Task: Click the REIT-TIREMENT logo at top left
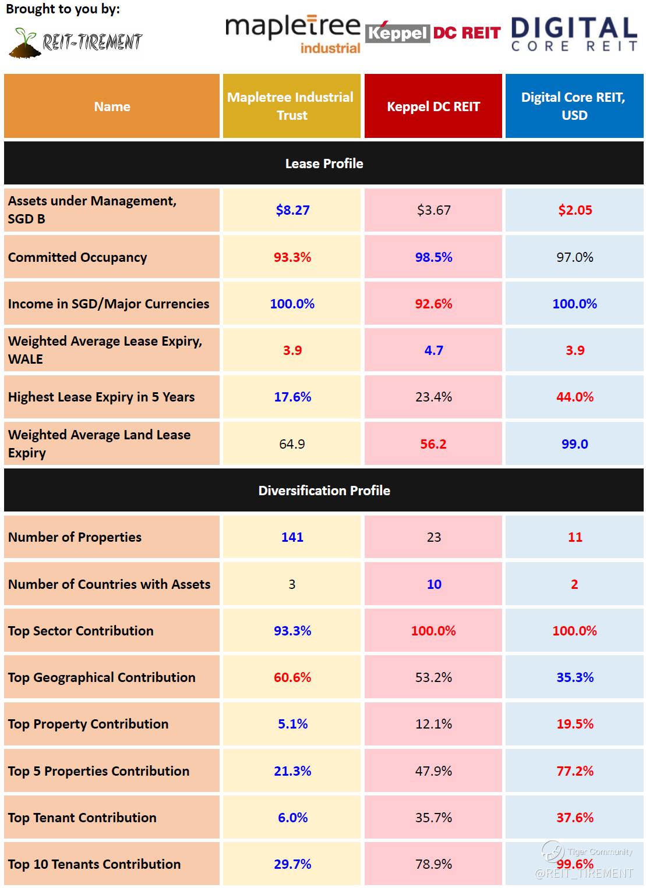(x=76, y=42)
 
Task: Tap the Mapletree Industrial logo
(x=293, y=34)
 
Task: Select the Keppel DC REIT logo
(x=433, y=33)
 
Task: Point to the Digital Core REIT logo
(x=574, y=34)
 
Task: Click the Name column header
(x=112, y=106)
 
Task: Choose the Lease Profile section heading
(x=324, y=164)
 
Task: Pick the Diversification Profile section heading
(x=324, y=491)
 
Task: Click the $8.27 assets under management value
(x=292, y=210)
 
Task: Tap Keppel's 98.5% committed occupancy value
(x=433, y=257)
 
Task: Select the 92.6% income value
(x=433, y=304)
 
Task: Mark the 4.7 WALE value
(x=433, y=350)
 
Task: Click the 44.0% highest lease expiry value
(x=575, y=397)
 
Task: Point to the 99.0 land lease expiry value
(x=575, y=444)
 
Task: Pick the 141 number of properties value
(x=292, y=537)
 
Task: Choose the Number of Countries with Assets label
(x=110, y=584)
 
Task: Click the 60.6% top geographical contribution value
(x=292, y=677)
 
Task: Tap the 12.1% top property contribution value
(x=433, y=724)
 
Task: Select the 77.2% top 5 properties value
(x=575, y=771)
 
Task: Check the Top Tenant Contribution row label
(x=82, y=818)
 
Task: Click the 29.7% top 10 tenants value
(x=292, y=864)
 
